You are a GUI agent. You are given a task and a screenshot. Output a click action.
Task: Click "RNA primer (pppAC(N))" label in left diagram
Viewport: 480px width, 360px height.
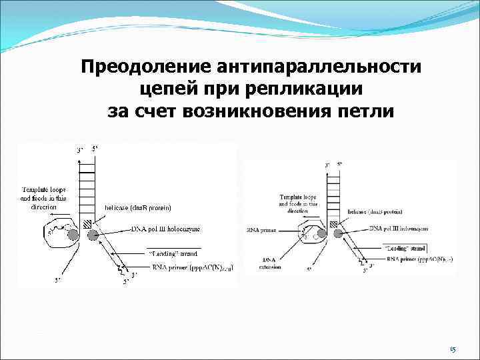coord(191,268)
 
